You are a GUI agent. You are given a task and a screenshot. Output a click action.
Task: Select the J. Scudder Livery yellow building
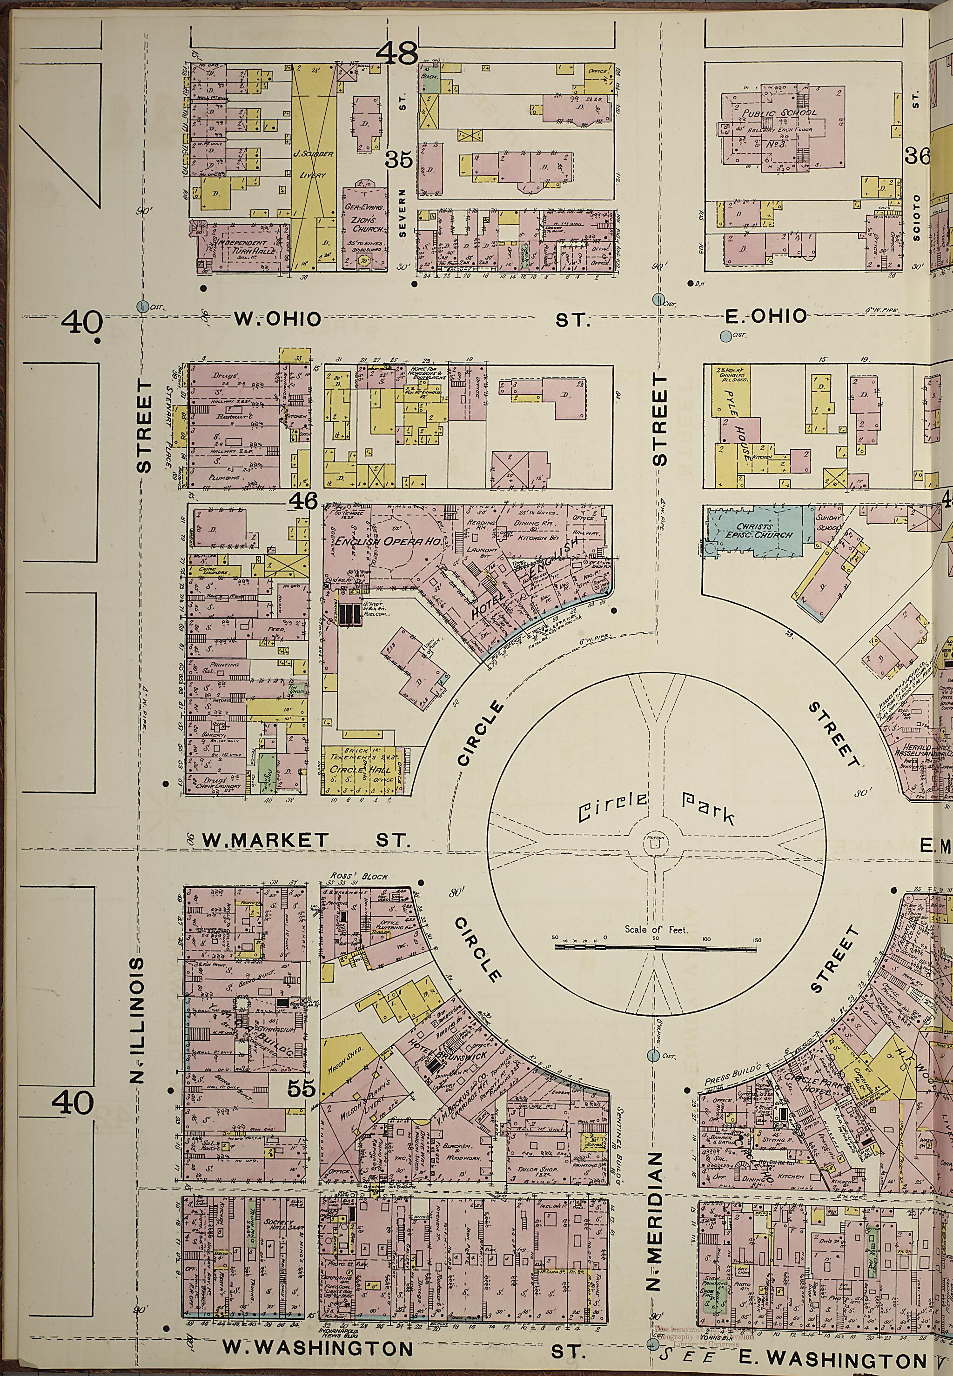(314, 164)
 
